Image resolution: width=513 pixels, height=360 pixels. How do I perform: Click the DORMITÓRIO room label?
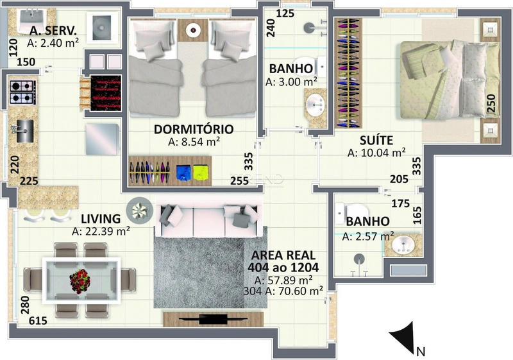point(194,129)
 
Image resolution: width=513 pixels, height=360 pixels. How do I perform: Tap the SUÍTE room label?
point(376,141)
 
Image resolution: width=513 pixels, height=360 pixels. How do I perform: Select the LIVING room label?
point(101,219)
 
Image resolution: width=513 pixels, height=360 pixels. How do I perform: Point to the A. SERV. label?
point(53,31)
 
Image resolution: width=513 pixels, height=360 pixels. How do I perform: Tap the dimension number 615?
point(38,321)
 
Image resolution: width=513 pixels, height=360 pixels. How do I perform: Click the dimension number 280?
point(25,305)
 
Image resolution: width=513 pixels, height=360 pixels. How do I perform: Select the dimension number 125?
point(285,13)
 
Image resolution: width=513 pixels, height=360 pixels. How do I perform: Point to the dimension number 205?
point(399,179)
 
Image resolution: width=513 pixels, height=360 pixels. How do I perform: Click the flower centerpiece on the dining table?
point(80,281)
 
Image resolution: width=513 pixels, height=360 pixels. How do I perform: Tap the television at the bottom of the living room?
point(213,319)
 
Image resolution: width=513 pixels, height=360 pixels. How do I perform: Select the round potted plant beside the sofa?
point(140,210)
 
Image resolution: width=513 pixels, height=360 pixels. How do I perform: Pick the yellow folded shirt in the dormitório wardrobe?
point(201,173)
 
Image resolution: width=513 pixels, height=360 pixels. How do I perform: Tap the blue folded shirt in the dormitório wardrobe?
point(184,173)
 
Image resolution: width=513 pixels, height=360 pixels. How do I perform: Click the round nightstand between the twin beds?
point(193,30)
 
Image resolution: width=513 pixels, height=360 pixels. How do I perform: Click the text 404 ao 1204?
point(283,268)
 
